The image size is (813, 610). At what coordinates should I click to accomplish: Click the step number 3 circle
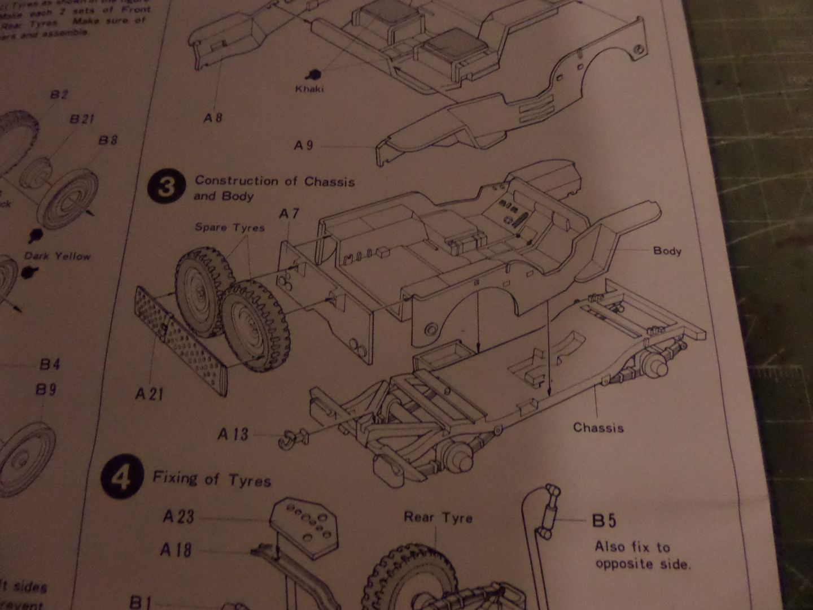(x=166, y=186)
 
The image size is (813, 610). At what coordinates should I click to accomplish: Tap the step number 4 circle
(x=121, y=479)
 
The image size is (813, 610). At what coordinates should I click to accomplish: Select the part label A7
(x=289, y=213)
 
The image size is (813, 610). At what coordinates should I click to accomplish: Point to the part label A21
(x=149, y=393)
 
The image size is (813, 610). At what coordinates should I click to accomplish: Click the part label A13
(x=233, y=434)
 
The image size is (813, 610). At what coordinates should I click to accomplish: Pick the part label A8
(x=213, y=117)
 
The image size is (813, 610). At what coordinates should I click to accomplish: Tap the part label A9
(x=303, y=146)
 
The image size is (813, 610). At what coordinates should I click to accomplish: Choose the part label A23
(x=178, y=516)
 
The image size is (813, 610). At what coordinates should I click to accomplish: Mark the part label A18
(x=176, y=550)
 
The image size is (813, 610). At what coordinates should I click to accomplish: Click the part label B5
(x=605, y=521)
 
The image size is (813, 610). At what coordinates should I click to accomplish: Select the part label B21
(x=82, y=119)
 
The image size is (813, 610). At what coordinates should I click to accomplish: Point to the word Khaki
(x=309, y=89)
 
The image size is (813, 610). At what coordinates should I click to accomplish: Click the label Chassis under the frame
(x=598, y=428)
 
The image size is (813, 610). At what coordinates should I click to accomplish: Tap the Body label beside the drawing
(x=667, y=250)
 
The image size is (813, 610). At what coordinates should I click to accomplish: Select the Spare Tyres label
(x=230, y=227)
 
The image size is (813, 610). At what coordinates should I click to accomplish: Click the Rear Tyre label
(x=438, y=517)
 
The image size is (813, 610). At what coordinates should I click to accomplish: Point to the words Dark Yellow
(x=57, y=256)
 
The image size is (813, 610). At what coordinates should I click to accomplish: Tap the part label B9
(x=46, y=389)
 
